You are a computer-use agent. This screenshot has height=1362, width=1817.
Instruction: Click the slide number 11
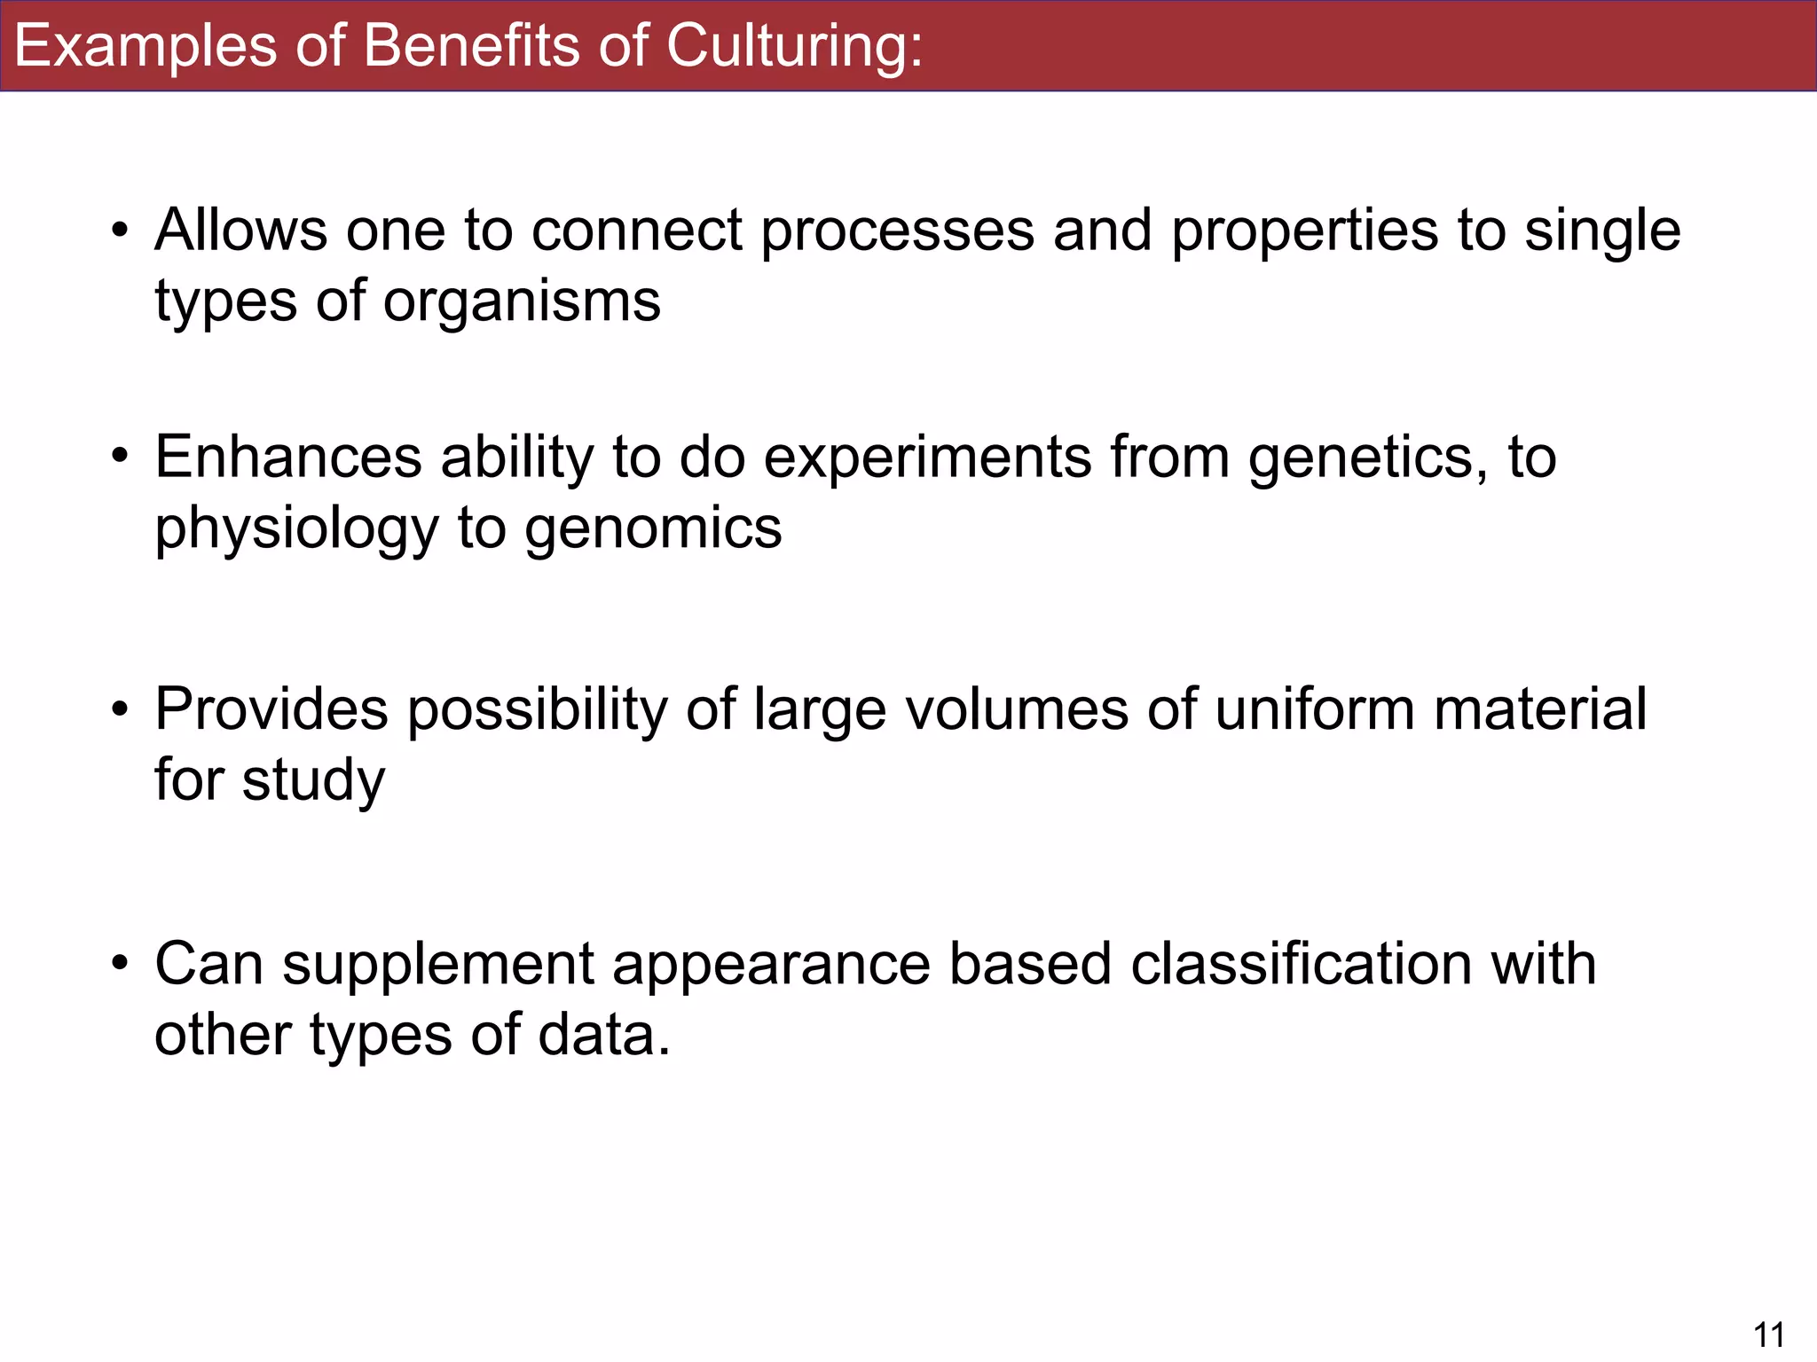tap(1769, 1334)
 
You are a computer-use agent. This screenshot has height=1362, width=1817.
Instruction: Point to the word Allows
tap(241, 231)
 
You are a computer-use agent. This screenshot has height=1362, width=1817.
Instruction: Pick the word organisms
tap(522, 301)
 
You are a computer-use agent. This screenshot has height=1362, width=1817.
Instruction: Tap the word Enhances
tap(288, 458)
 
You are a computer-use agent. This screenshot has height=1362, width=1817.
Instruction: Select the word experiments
tap(928, 459)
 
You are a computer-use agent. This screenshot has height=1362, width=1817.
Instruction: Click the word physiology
tap(297, 530)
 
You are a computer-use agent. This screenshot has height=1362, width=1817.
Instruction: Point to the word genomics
tap(653, 530)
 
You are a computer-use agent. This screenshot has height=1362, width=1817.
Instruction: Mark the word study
tap(313, 782)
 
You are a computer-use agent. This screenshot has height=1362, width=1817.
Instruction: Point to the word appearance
tap(771, 965)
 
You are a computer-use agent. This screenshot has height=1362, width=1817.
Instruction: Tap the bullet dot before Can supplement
tap(120, 964)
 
